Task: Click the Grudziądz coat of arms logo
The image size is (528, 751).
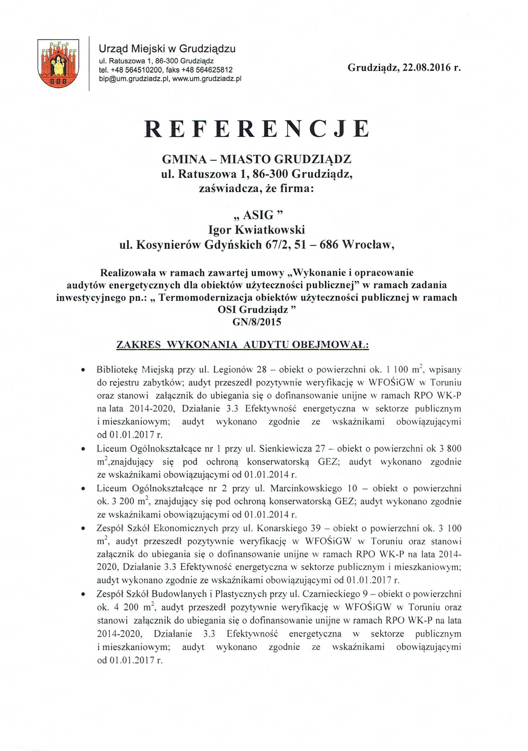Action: pos(58,63)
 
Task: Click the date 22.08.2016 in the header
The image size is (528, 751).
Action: pos(425,68)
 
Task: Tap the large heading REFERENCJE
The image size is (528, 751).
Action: pos(257,128)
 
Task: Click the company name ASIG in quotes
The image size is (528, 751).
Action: pos(256,215)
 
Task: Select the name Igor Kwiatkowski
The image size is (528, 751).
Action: pos(257,230)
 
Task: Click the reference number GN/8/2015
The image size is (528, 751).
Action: pos(257,322)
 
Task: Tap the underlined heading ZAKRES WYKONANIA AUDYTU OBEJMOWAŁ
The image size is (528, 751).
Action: pos(242,345)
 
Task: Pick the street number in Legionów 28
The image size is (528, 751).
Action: pos(262,370)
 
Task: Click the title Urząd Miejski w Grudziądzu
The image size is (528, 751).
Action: pos(167,49)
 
